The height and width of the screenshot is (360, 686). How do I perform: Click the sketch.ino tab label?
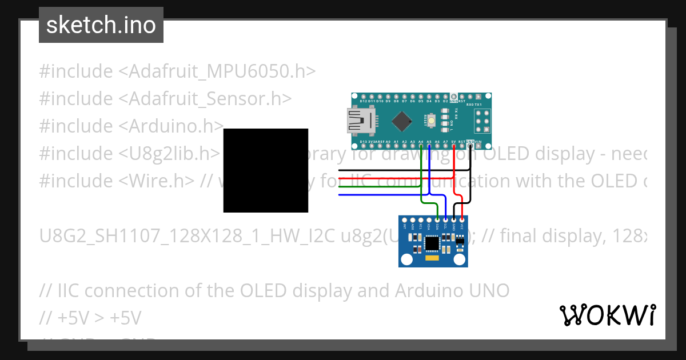point(101,25)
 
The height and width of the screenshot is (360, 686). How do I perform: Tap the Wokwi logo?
point(607,315)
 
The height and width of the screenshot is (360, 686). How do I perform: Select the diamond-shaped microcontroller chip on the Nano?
point(404,121)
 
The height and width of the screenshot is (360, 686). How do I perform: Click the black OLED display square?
point(265,170)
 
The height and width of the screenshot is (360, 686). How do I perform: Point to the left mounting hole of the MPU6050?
point(406,259)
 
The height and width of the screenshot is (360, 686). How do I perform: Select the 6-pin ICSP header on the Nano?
point(482,121)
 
